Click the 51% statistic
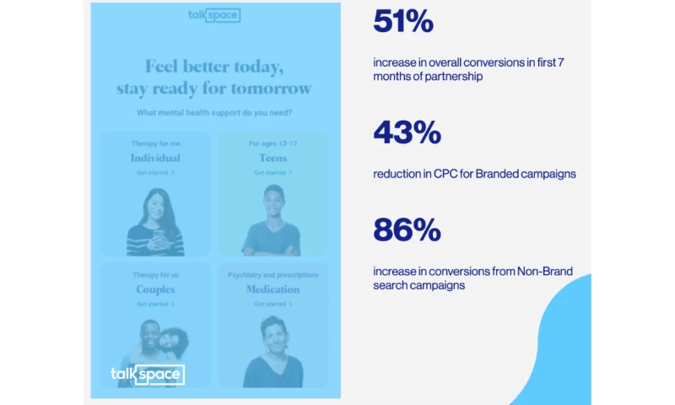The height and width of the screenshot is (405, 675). tap(403, 23)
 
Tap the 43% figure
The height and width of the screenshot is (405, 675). tap(407, 132)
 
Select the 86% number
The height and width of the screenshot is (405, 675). tap(407, 229)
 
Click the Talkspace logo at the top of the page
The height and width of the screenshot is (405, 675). tap(214, 15)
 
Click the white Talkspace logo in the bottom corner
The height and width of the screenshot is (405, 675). tap(147, 375)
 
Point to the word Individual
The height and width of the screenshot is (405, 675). tap(155, 158)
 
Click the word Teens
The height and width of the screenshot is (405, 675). tap(273, 158)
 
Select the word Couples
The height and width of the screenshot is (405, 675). tap(155, 289)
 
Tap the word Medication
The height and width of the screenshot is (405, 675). tap(273, 289)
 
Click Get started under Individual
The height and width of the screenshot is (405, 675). tap(155, 172)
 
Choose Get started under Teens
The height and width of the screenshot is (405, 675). tap(273, 172)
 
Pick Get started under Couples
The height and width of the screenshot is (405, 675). tap(155, 304)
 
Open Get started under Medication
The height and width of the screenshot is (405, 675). tap(273, 304)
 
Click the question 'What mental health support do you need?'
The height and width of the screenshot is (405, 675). tap(214, 112)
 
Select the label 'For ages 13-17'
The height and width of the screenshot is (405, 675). tap(273, 143)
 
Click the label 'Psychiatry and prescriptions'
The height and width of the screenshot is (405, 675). tap(273, 275)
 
